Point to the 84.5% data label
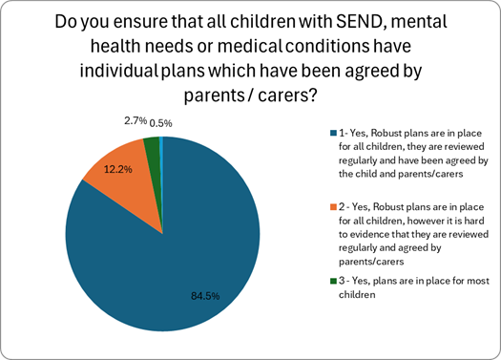(202, 295)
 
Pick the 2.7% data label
(136, 122)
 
